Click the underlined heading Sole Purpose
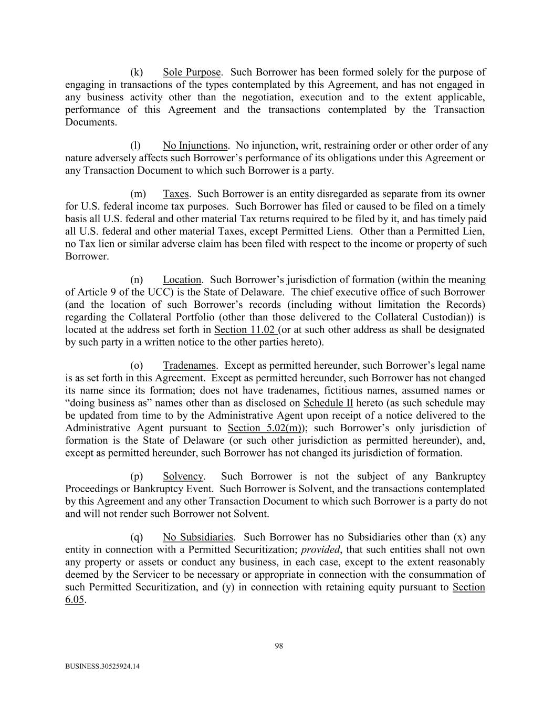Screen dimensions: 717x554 tap(192, 72)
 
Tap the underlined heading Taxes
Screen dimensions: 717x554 tap(175, 194)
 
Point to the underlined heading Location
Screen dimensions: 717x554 tap(182, 280)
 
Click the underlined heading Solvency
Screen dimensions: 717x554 tap(182, 476)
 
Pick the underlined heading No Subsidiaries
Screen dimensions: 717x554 tap(197, 537)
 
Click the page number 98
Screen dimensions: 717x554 tap(279, 646)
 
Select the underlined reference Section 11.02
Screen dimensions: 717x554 tap(245, 330)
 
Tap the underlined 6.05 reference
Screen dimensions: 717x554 tap(75, 600)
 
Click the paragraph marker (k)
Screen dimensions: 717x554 tap(137, 72)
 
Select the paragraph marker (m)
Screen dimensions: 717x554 tap(138, 194)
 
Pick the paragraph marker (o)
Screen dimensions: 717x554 tap(137, 366)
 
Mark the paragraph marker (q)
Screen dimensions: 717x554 tap(137, 537)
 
